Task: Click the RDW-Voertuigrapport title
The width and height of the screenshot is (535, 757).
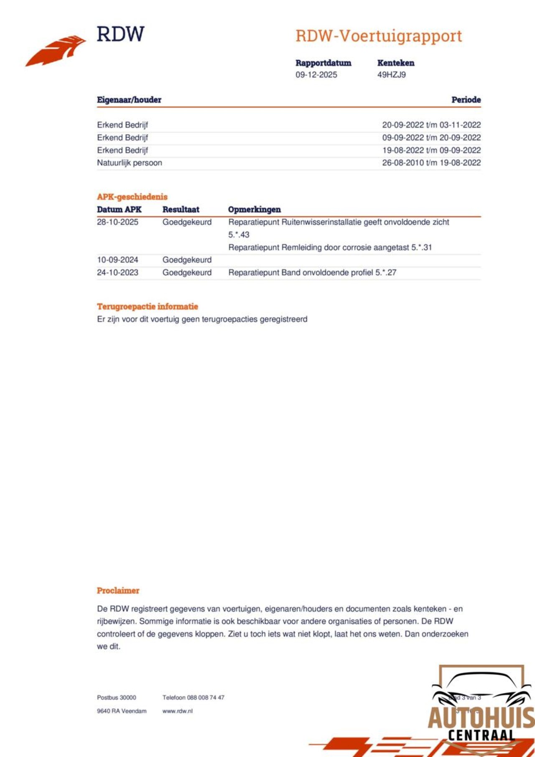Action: (x=378, y=36)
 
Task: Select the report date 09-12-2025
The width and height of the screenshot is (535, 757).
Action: (x=316, y=75)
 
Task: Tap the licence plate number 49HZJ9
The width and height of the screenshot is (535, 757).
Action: (x=391, y=75)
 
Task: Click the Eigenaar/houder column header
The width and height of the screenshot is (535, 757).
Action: (x=129, y=100)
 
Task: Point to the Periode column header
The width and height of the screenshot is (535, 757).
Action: (x=466, y=100)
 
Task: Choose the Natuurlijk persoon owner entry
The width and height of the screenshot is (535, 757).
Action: (x=129, y=163)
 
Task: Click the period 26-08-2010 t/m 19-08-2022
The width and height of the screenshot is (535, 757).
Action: (x=431, y=163)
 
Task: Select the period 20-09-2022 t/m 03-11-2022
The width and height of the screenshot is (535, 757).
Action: (x=431, y=125)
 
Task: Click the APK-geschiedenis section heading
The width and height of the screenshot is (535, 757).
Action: (x=132, y=197)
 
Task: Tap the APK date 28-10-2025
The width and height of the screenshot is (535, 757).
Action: (x=117, y=222)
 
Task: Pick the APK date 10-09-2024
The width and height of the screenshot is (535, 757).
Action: (x=117, y=260)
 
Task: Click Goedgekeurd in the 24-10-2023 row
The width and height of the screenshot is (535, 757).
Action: (x=187, y=273)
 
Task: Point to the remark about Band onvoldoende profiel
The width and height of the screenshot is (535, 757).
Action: (x=312, y=273)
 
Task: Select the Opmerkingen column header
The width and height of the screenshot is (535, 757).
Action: (x=254, y=210)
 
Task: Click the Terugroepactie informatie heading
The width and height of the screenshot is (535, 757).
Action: (x=147, y=307)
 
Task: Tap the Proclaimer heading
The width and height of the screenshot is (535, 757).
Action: (x=118, y=591)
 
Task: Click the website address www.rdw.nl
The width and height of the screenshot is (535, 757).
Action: (x=177, y=711)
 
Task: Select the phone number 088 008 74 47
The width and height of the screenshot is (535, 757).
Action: (x=205, y=698)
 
